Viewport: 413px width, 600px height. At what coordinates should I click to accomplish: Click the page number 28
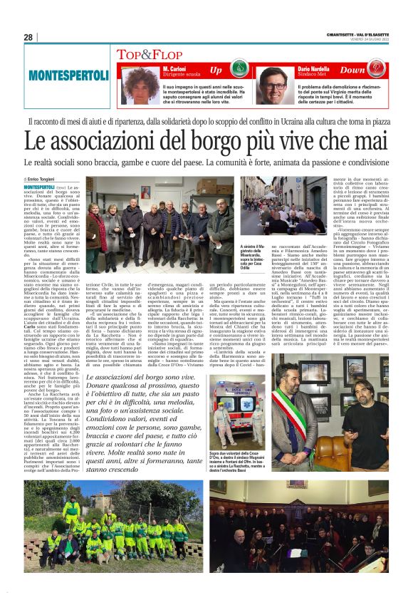28,37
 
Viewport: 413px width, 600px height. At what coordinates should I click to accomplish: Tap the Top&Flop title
145,55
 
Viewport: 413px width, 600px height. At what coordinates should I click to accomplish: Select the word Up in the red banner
216,71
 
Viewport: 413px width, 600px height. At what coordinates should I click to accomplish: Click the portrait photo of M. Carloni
141,83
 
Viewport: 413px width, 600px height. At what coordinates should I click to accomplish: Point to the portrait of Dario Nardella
271,83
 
